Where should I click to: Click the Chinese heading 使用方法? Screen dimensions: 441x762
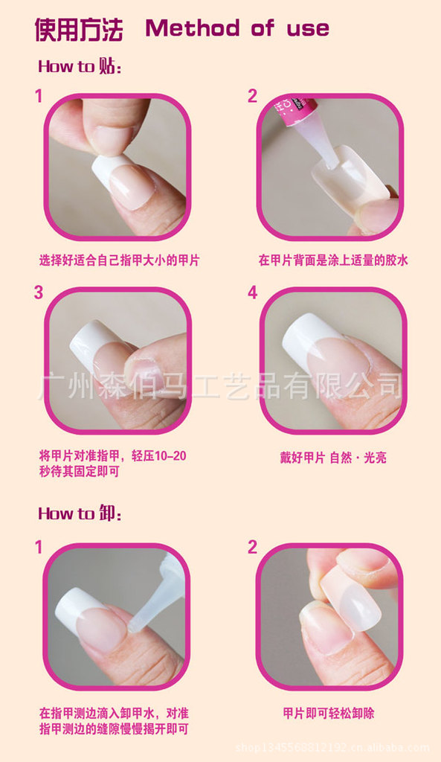79,30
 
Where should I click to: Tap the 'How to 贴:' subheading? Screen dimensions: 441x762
79,65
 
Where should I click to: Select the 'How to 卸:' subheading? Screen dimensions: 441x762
79,513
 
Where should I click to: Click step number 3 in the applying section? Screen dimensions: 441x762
39,292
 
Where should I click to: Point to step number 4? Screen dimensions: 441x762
252,292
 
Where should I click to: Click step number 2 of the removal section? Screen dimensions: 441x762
252,547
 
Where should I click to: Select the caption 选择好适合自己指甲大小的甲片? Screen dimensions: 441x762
119,260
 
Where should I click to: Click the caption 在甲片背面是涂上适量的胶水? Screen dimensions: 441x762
333,260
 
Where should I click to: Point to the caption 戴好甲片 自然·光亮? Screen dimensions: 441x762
333,458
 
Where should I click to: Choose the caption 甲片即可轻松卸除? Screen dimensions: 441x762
329,714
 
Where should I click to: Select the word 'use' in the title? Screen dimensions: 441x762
308,30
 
